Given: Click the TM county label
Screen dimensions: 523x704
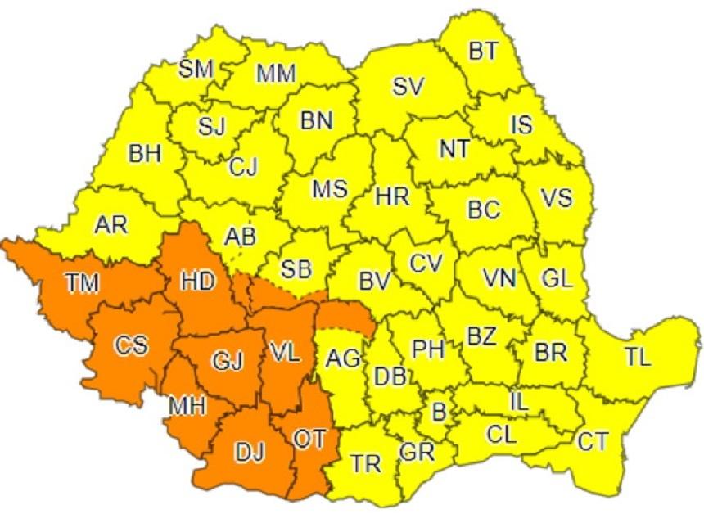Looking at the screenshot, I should pyautogui.click(x=82, y=283).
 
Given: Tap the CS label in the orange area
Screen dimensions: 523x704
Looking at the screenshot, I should pyautogui.click(x=131, y=346).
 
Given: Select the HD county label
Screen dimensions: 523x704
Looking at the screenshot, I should pyautogui.click(x=199, y=281).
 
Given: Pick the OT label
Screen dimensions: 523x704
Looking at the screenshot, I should pyautogui.click(x=309, y=440).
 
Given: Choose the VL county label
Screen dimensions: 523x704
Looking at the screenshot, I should pyautogui.click(x=285, y=353).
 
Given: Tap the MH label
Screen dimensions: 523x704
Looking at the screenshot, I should pyautogui.click(x=187, y=405).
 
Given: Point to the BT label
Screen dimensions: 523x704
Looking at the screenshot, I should pyautogui.click(x=482, y=51).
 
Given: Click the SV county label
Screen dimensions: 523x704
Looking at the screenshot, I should pyautogui.click(x=412, y=85).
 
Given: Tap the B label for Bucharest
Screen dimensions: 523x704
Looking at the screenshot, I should pyautogui.click(x=439, y=412).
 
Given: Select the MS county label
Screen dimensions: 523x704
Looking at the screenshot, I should pyautogui.click(x=330, y=190).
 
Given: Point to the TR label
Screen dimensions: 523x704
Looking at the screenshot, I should pyautogui.click(x=366, y=464).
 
